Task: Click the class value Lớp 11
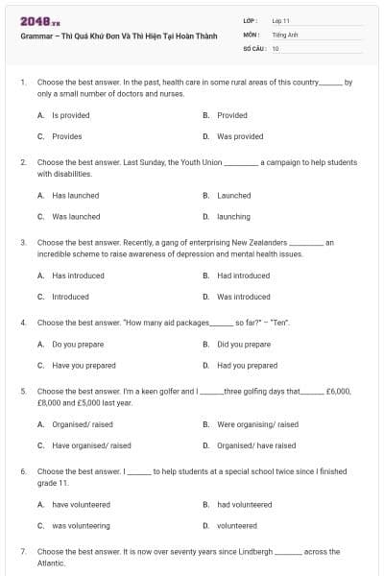[281, 19]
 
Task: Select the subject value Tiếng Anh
[284, 34]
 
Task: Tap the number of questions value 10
[276, 47]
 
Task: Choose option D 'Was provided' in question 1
[240, 136]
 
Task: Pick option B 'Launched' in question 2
[234, 195]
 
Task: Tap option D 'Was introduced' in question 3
[244, 297]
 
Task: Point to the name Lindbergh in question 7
[252, 552]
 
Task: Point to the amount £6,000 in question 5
[338, 392]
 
